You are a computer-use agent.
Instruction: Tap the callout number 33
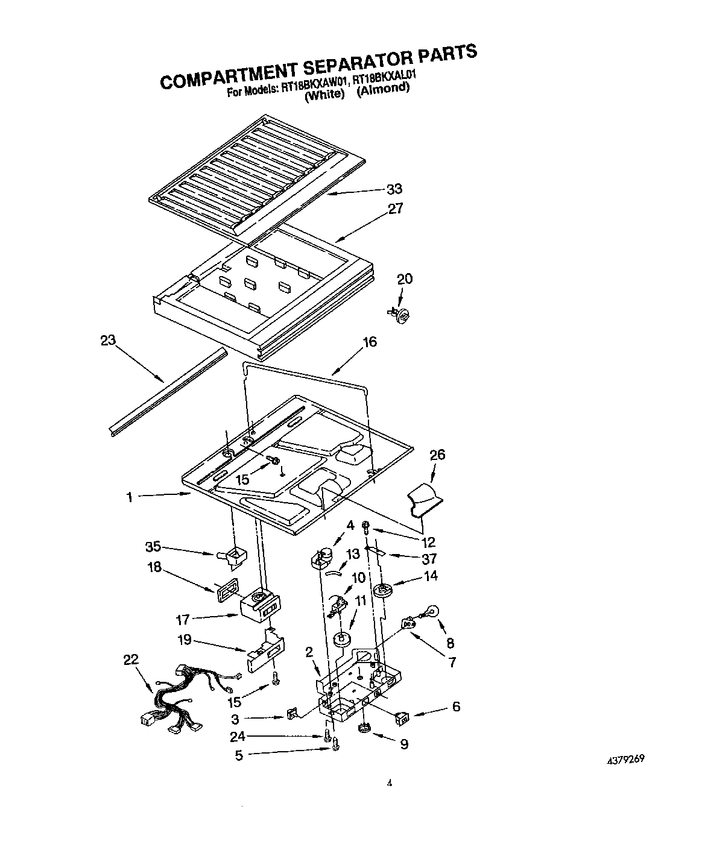(x=394, y=189)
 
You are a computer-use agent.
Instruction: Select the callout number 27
(x=395, y=209)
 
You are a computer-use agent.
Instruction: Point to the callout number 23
(x=108, y=340)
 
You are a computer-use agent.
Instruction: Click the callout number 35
(x=153, y=547)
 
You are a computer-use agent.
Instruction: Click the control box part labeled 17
(x=261, y=605)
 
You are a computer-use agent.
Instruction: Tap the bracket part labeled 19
(x=266, y=651)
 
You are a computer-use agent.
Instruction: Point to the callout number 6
(x=456, y=706)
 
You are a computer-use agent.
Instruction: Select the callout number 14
(x=431, y=576)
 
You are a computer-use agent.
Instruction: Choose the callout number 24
(x=238, y=736)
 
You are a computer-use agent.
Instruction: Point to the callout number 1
(x=129, y=497)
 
